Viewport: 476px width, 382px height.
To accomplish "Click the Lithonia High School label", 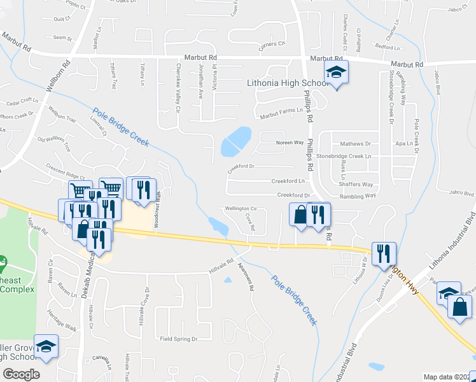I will [287, 83].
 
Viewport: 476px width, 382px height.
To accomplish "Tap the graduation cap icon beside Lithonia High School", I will [336, 73].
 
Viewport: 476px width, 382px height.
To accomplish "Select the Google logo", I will [21, 374].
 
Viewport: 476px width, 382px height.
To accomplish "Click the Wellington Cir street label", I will [240, 208].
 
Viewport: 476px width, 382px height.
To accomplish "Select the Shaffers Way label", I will [356, 185].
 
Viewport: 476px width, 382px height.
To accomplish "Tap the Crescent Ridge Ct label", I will [65, 167].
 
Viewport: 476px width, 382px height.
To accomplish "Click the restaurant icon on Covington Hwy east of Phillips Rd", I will [384, 253].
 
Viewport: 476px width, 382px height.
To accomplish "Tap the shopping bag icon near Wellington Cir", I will [299, 214].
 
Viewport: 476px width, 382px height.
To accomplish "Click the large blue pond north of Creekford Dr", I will [235, 141].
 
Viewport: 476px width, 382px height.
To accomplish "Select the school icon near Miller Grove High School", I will [46, 346].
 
